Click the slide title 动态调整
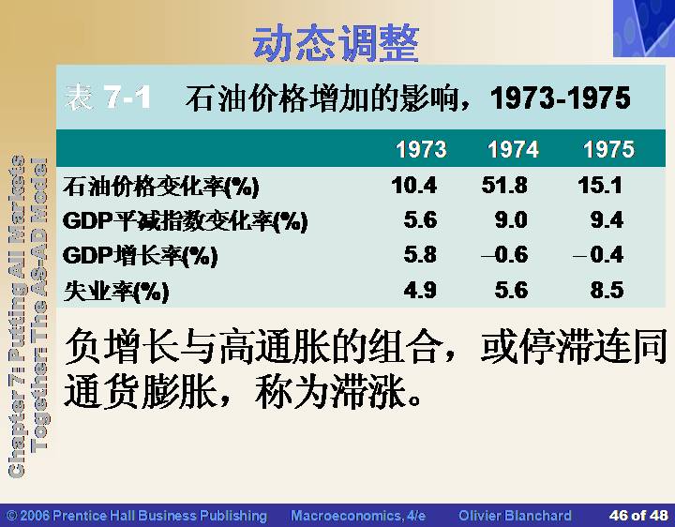pos(336,43)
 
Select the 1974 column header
pos(513,149)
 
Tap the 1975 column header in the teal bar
pos(608,149)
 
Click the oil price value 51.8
pos(504,186)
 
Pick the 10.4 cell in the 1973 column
pos(414,186)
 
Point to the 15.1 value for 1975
pos(600,186)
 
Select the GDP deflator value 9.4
pos(607,220)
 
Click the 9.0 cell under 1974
pos(511,220)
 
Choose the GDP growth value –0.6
pos(504,254)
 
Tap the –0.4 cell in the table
pos(598,254)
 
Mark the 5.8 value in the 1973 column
pos(420,254)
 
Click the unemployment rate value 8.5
pos(607,290)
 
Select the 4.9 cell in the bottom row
pos(420,290)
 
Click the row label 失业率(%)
pos(116,291)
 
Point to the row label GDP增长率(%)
pos(141,256)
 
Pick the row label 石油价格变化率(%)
pos(161,187)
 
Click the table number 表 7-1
pos(108,97)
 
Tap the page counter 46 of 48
pos(638,515)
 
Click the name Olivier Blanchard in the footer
pos(515,516)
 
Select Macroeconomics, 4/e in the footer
pos(358,516)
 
